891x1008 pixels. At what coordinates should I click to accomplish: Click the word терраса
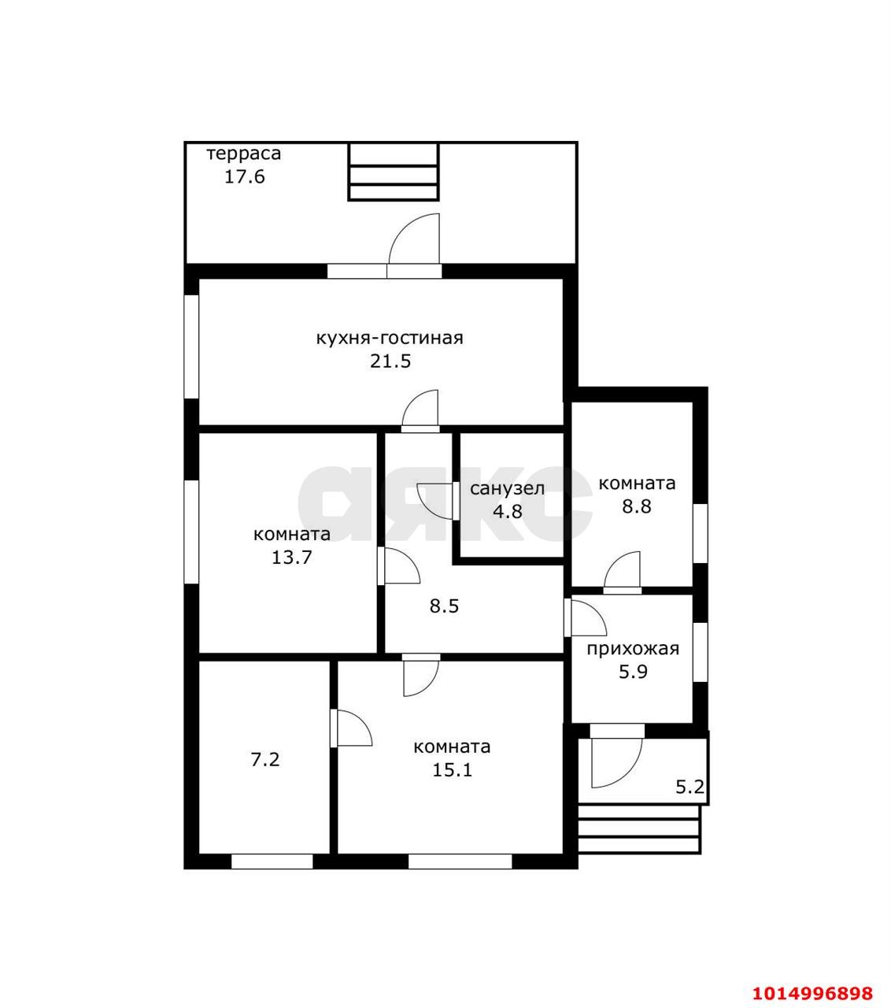point(244,154)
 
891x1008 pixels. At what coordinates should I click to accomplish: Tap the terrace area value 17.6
point(245,176)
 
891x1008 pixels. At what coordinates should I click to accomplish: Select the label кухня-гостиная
point(390,339)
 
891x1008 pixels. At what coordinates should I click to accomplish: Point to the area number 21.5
point(390,361)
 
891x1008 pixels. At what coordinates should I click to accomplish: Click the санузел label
point(507,489)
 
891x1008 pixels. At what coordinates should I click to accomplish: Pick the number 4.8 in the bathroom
point(508,511)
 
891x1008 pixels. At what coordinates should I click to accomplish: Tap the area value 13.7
point(292,558)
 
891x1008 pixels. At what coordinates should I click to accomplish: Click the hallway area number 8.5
point(444,606)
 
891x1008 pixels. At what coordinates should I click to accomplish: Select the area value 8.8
point(637,506)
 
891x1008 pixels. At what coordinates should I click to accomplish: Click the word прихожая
point(633,649)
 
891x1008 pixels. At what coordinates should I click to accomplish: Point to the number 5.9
point(633,673)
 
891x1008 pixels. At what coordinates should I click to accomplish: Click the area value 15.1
point(452,770)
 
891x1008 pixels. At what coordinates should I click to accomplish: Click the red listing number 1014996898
point(812,980)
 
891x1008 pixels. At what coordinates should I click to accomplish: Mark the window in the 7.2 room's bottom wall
point(272,862)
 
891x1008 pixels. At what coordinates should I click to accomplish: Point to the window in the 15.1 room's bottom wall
point(460,862)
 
